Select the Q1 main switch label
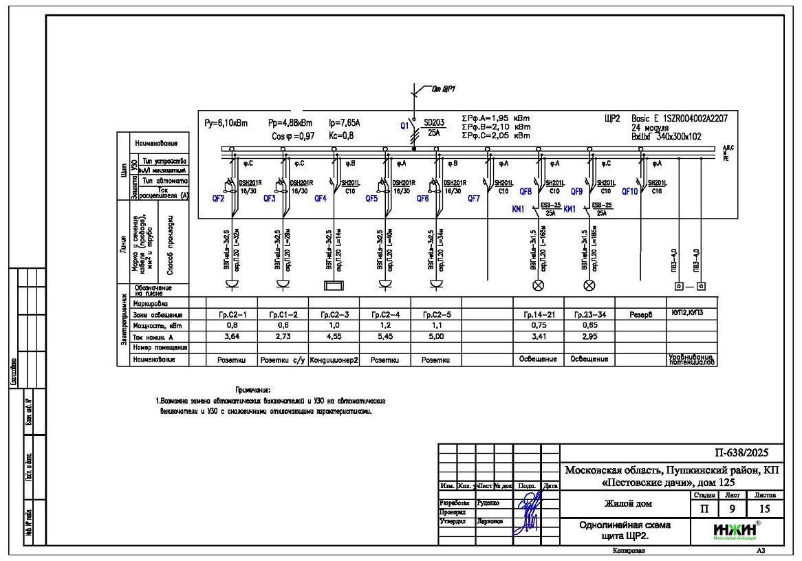404,126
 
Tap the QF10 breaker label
629,192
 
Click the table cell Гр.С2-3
334,314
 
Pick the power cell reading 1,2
384,325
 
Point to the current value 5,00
435,337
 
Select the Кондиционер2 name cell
334,360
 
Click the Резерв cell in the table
640,314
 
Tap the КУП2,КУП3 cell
692,312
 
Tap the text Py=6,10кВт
226,124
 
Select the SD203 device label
434,123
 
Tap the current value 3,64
231,337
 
